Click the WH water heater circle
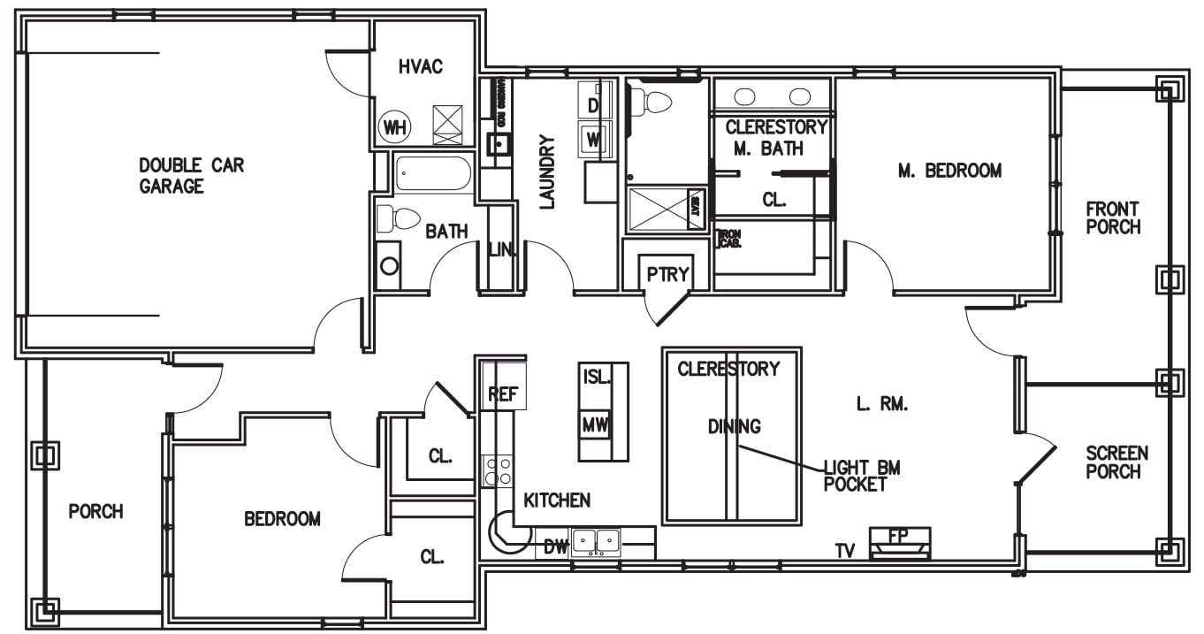[393, 127]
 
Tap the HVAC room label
[420, 67]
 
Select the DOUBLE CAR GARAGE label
[191, 175]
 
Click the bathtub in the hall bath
[433, 174]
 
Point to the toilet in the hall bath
[399, 218]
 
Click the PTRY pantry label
[667, 274]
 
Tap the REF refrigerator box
[503, 393]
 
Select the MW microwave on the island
[595, 425]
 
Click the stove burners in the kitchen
[497, 470]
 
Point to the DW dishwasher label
[554, 547]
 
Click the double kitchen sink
[596, 540]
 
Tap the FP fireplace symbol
[899, 542]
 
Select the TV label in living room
[846, 551]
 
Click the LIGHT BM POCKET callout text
[861, 476]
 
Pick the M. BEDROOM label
[949, 171]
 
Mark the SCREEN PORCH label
[1116, 462]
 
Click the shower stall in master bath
[658, 210]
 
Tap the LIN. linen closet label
[501, 250]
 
